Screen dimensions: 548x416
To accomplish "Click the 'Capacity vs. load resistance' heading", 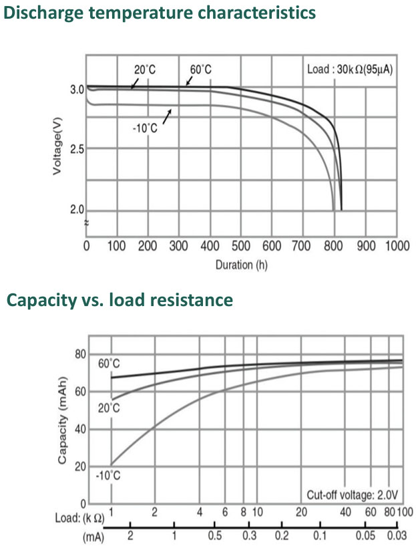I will click(120, 300).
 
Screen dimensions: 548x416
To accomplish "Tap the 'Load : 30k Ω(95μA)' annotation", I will click(348, 70).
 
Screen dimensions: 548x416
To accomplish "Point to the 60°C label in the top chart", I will click(200, 70).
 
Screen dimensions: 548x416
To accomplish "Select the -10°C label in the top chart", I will click(145, 128).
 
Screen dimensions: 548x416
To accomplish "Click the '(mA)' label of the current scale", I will click(93, 536).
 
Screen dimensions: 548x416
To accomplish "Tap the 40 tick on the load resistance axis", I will click(345, 513).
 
